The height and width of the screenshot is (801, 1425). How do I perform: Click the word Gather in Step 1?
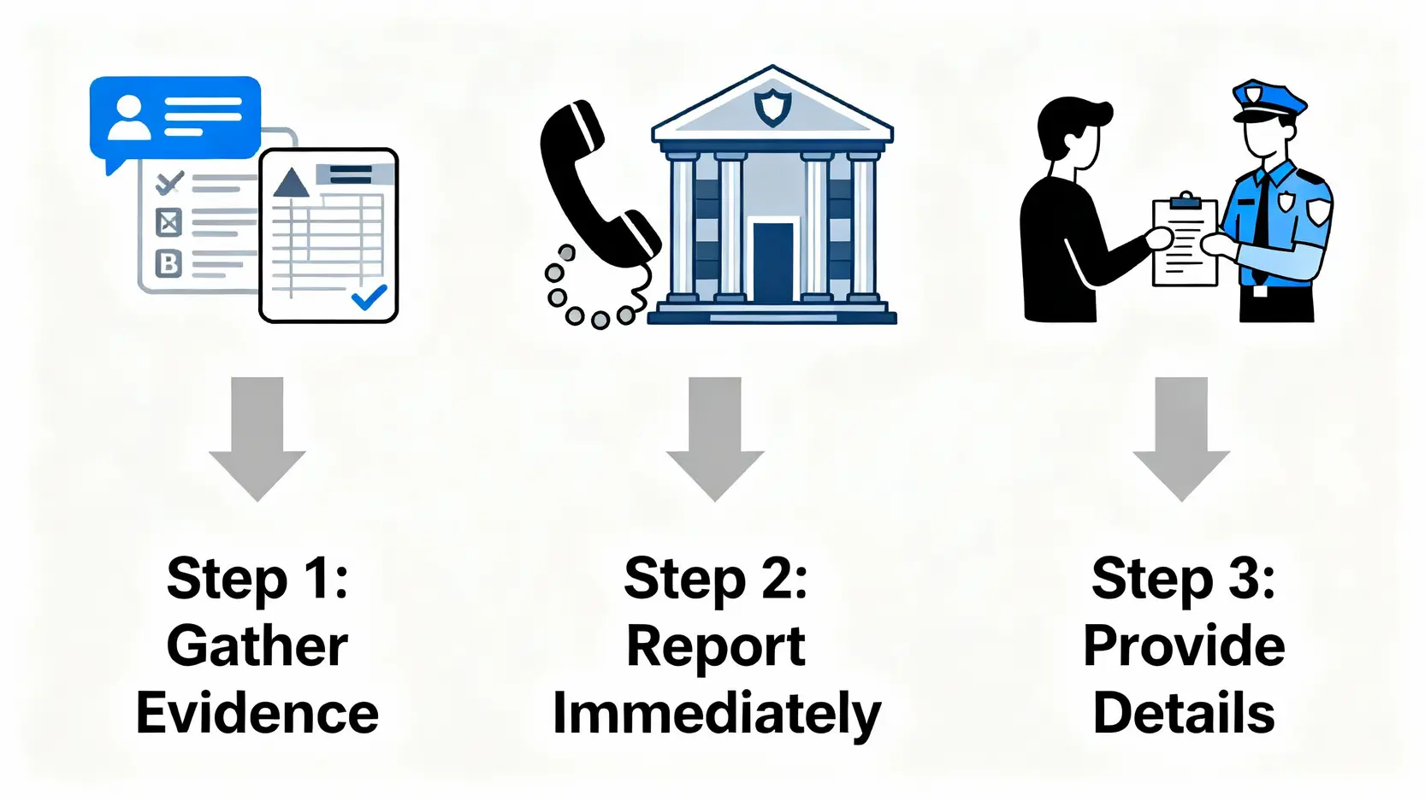point(257,646)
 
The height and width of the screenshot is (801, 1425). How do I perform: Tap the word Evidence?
point(257,714)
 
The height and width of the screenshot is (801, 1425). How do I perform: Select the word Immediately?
point(716,714)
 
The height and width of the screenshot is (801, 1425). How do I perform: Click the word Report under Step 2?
point(716,646)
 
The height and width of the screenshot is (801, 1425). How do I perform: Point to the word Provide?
point(1184,646)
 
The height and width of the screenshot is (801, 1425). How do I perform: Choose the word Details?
point(1184,714)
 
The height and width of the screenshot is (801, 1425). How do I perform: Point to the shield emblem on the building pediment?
point(772,108)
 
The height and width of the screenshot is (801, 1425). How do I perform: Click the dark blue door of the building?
point(773,260)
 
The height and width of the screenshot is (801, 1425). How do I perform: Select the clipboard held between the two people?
point(1185,243)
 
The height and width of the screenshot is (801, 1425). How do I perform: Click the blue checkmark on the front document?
point(370,297)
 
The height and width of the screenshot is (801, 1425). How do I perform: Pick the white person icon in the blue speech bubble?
point(129,118)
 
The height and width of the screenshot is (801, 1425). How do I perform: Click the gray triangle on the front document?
point(291,183)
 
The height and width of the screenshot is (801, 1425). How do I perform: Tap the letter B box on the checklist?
point(169,263)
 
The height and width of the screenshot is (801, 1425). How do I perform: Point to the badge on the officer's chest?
point(1286,203)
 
